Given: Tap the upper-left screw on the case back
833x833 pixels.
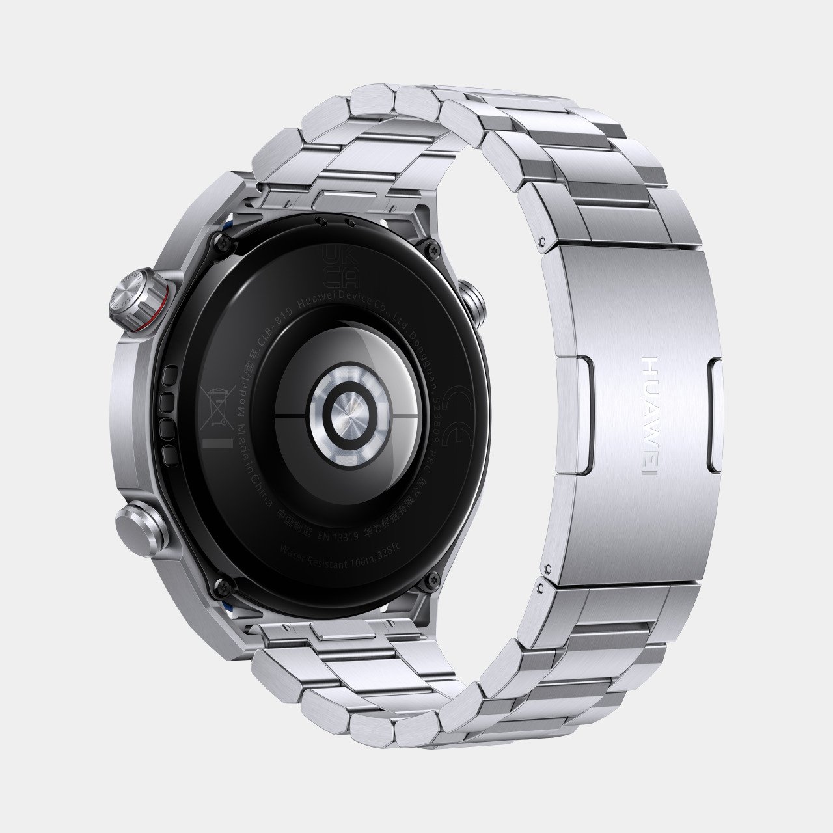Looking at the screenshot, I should [226, 243].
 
